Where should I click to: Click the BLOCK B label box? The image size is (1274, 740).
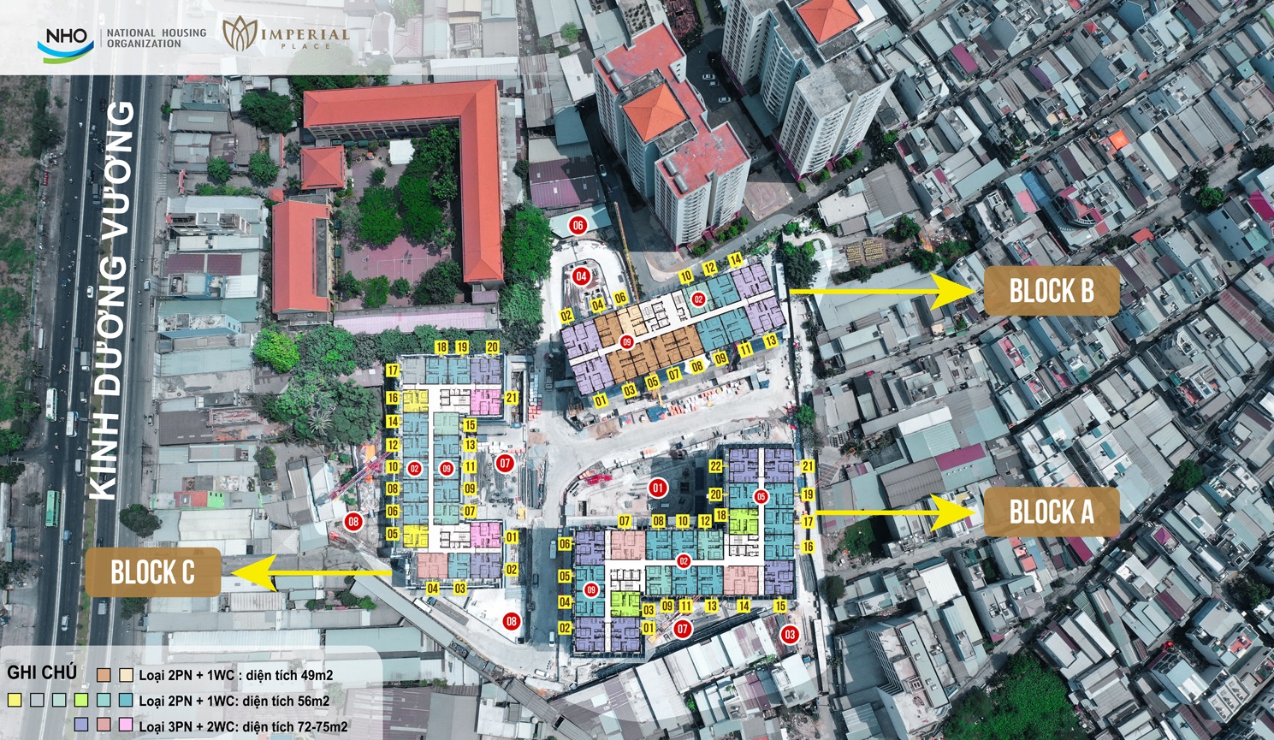[1052, 291]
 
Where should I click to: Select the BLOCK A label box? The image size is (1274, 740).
[1052, 512]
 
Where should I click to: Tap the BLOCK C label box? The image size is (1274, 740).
[152, 572]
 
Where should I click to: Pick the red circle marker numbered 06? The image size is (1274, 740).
[578, 226]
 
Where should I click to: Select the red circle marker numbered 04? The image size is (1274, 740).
[582, 276]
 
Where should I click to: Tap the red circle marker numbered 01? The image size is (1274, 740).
[657, 488]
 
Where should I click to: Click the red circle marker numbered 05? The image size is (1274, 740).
[761, 496]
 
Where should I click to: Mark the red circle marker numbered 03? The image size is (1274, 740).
[789, 635]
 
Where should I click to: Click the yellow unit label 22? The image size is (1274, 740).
[715, 466]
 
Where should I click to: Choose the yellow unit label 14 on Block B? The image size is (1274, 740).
[735, 260]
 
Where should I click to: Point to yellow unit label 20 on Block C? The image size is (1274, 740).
[492, 347]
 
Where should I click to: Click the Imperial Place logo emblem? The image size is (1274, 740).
[240, 33]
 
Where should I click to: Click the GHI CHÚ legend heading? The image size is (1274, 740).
[42, 673]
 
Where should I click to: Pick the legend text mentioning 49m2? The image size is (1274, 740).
[236, 675]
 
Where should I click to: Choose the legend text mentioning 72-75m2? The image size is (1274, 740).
[243, 726]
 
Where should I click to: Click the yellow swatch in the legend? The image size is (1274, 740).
[15, 700]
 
